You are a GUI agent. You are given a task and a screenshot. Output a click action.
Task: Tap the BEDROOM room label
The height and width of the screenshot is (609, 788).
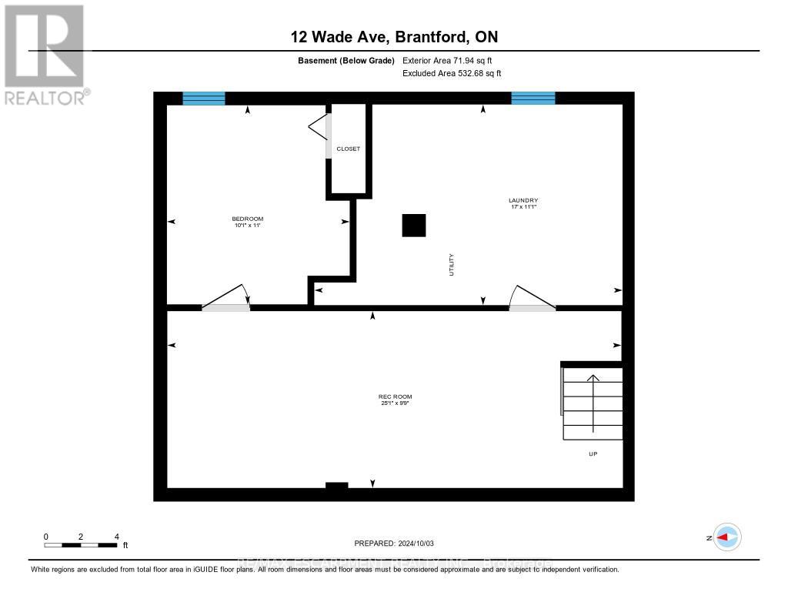coord(249,222)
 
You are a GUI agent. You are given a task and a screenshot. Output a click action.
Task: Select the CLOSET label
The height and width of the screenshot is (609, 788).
coord(348,149)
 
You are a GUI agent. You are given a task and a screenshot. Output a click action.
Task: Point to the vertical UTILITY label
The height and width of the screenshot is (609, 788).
coord(452,265)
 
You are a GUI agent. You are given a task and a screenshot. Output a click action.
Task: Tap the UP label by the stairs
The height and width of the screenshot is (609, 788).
coord(593,453)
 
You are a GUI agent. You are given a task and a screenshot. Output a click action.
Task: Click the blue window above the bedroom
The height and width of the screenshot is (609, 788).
coord(204,98)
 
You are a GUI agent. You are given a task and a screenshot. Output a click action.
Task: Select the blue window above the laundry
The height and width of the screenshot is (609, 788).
coord(533,98)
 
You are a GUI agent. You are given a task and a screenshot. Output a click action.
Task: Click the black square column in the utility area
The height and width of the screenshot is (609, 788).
coord(413,225)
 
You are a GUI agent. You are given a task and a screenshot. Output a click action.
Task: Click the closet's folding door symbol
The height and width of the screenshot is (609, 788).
coord(319,128)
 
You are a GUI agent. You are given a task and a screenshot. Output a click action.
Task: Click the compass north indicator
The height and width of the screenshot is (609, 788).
coord(726,537)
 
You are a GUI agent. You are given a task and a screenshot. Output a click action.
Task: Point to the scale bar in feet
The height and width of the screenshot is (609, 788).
coord(81,544)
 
